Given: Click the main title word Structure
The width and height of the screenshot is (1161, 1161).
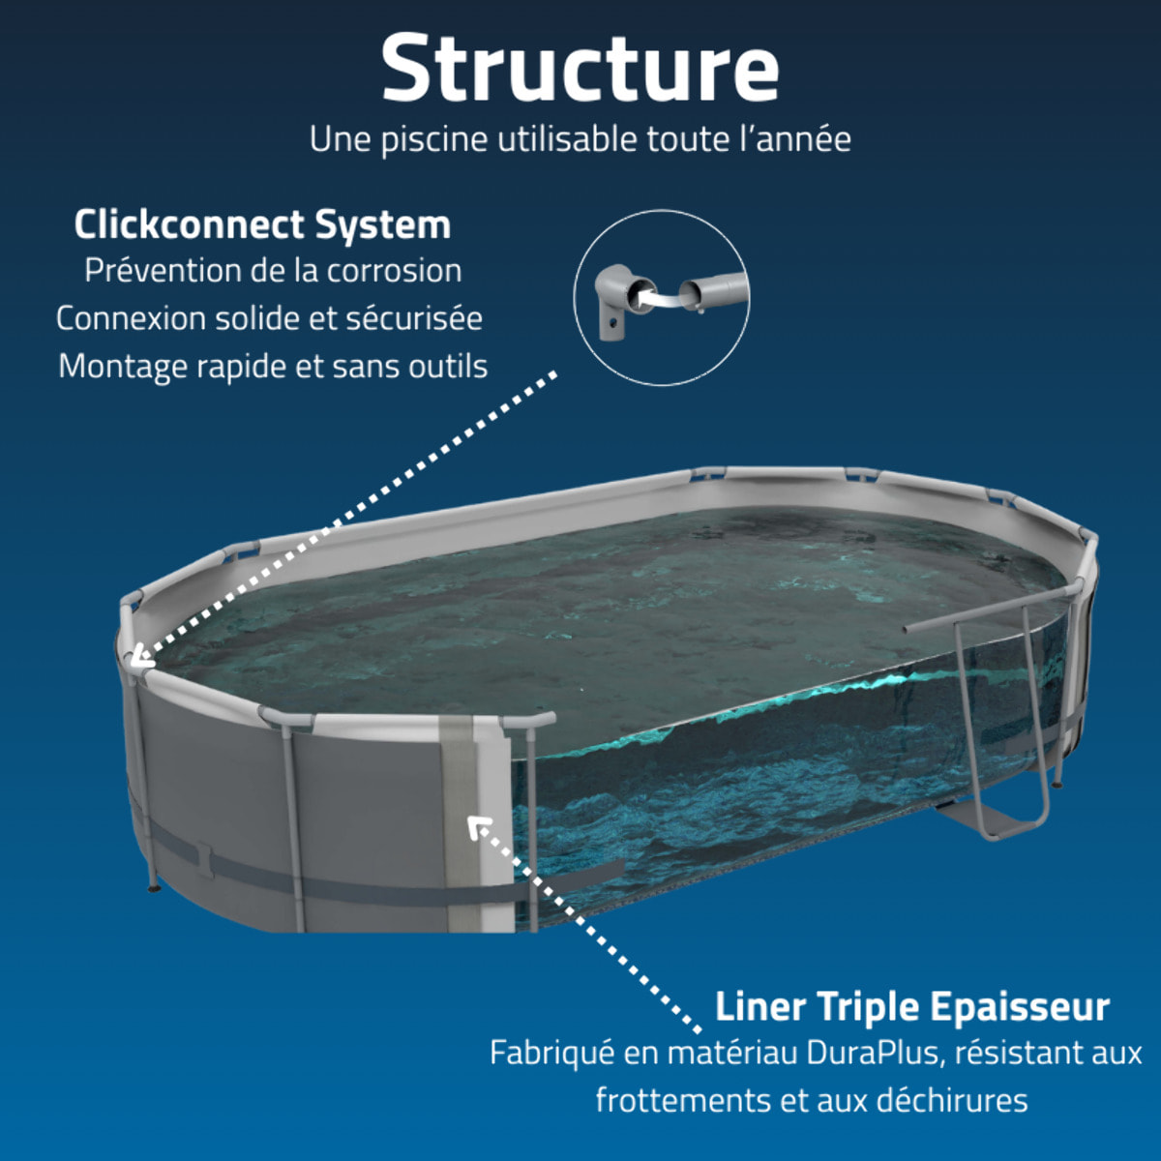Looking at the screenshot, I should click(x=580, y=68).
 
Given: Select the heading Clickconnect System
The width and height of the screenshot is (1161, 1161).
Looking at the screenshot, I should click(x=262, y=224).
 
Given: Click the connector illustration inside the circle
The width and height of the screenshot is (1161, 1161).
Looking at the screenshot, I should click(x=661, y=296).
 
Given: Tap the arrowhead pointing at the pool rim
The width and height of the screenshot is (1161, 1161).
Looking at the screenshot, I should click(x=138, y=659).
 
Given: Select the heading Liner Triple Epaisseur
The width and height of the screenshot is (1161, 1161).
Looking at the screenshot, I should click(x=911, y=1006).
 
